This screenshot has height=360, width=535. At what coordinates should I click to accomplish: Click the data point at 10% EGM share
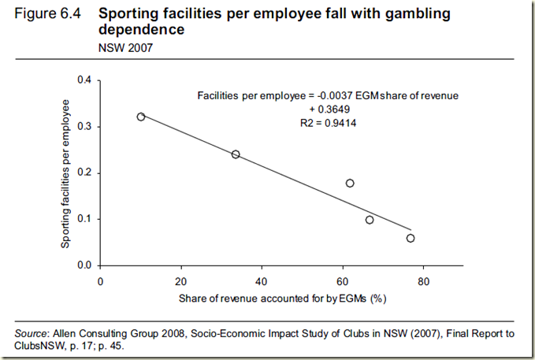[141, 117]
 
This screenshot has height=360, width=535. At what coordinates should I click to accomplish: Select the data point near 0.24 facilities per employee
[236, 154]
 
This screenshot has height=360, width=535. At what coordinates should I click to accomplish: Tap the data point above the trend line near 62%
[350, 183]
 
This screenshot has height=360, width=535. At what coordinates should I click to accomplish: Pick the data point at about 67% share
[370, 220]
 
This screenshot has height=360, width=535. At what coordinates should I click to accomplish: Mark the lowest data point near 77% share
[411, 238]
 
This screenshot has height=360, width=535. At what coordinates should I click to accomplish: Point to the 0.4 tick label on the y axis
[85, 80]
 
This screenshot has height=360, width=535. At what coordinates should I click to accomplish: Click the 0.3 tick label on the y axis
[85, 126]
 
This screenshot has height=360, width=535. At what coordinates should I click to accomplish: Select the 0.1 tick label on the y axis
[85, 219]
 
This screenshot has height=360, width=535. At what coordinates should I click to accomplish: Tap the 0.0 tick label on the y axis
[85, 265]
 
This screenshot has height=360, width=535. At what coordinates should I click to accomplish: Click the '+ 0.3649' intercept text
[327, 109]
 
